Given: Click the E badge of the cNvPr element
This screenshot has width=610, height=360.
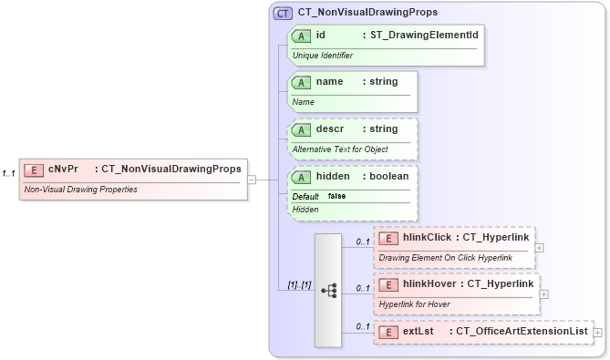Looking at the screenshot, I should pyautogui.click(x=34, y=169).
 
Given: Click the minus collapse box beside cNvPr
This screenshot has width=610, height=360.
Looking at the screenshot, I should pyautogui.click(x=252, y=180).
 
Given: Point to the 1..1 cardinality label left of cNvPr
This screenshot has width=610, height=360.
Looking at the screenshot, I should pyautogui.click(x=9, y=173).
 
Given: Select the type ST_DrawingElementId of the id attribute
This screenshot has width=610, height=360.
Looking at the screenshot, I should pyautogui.click(x=420, y=36).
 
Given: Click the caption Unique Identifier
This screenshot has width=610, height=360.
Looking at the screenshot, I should pyautogui.click(x=322, y=56).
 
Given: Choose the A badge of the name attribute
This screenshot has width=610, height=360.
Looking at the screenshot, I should pyautogui.click(x=301, y=82).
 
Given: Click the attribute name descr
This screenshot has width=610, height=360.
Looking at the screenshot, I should pyautogui.click(x=330, y=129).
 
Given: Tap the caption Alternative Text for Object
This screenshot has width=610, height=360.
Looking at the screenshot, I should pyautogui.click(x=340, y=149).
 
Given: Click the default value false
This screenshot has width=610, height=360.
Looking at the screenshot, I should pyautogui.click(x=336, y=196).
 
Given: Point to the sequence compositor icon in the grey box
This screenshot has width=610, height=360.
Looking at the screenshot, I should pyautogui.click(x=329, y=290).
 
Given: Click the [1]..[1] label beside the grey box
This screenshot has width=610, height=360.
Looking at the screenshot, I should pyautogui.click(x=299, y=285).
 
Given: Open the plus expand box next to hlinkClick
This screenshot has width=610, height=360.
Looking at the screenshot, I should pyautogui.click(x=540, y=247).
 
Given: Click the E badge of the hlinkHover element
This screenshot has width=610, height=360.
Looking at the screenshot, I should pyautogui.click(x=388, y=284).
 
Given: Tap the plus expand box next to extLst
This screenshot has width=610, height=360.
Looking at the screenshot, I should pyautogui.click(x=598, y=333).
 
